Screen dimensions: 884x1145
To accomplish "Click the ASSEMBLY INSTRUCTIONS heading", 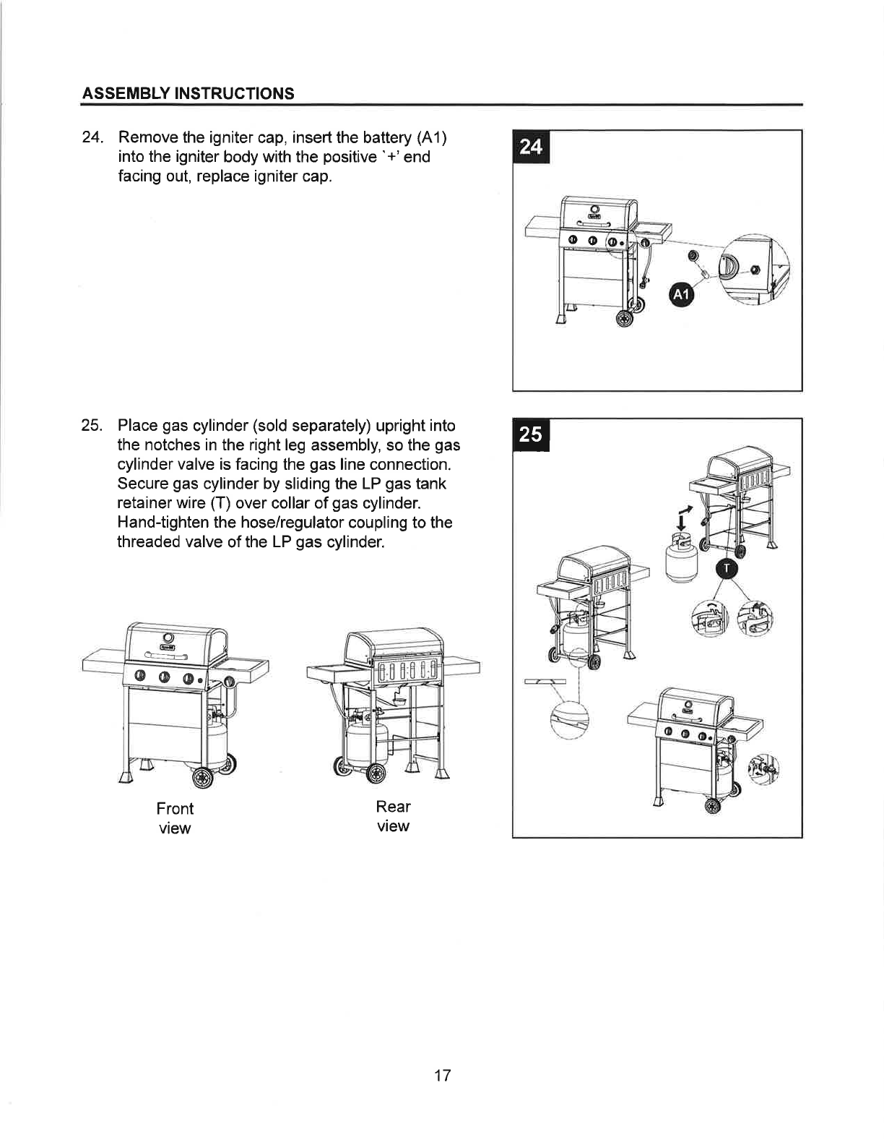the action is [x=188, y=94].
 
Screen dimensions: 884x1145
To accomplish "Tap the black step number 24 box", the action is [x=531, y=146].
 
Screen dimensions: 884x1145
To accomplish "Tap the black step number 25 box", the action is [x=531, y=434].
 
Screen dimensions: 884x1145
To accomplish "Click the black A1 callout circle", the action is [x=681, y=294].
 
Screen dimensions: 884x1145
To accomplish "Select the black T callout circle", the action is [x=727, y=569].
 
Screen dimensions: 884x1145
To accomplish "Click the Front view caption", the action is [x=175, y=818].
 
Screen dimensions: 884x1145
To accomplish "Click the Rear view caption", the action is [x=393, y=816].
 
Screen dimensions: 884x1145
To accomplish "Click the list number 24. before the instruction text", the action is [x=92, y=137].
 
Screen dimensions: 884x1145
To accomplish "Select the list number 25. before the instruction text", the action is [x=92, y=425].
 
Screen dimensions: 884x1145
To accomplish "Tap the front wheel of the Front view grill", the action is [x=203, y=777].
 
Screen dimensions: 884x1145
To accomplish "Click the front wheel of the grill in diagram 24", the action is [x=625, y=318].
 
